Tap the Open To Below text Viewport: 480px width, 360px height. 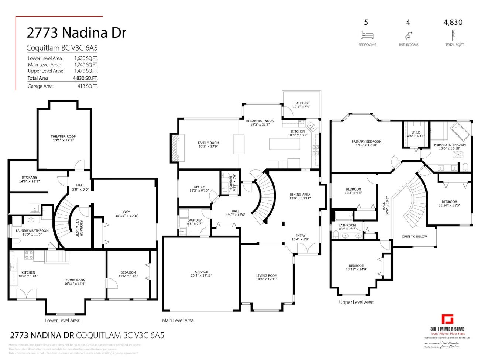414,236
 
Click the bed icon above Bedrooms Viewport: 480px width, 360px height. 367,35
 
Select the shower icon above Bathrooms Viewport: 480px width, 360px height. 408,35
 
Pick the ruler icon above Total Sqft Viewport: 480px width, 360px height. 454,35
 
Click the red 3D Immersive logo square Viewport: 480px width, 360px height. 448,319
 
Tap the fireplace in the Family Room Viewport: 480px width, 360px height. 174,148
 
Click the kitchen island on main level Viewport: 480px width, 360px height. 284,144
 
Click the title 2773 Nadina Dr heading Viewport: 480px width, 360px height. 76,33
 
